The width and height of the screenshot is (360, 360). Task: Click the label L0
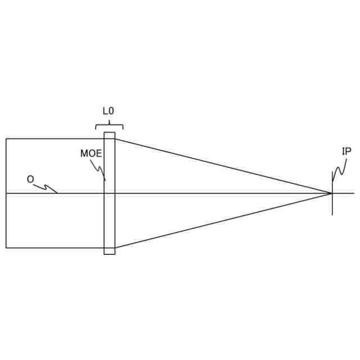tap(109, 111)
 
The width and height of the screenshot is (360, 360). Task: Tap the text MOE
tap(91, 154)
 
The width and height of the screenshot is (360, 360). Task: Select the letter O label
tap(30, 179)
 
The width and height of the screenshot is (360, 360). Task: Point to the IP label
tap(346, 151)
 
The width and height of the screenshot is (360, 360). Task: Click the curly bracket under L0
tap(109, 125)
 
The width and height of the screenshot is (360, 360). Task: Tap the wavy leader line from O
tap(47, 187)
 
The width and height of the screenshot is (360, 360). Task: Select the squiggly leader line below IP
tap(339, 169)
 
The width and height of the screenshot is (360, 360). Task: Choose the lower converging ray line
tap(225, 220)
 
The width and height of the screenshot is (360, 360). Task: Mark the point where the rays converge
tap(332, 193)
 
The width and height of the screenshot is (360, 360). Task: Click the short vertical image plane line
tap(332, 207)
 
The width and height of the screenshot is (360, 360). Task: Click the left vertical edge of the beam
tap(6, 219)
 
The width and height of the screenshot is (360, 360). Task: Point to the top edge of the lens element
tap(109, 133)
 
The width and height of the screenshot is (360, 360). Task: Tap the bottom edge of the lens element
tap(109, 254)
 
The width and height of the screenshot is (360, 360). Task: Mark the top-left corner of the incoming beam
tap(6, 139)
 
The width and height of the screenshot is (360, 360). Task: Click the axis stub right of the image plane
tap(344, 193)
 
